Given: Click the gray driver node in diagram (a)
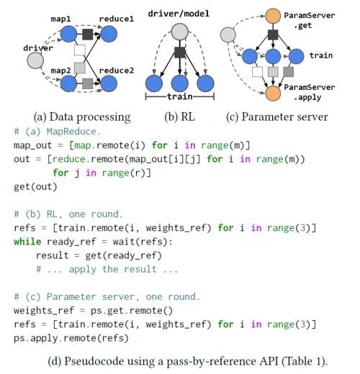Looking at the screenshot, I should [x=35, y=60].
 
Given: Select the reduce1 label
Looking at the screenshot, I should [x=117, y=16].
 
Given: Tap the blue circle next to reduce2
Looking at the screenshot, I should [x=109, y=84].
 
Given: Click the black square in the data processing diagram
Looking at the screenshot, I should [x=88, y=33].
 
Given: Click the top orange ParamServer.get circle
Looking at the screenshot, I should [x=273, y=15].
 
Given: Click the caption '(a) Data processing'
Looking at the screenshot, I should [x=82, y=117].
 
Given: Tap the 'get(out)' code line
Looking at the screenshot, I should [x=35, y=186].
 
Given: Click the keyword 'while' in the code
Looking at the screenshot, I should [x=27, y=242].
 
